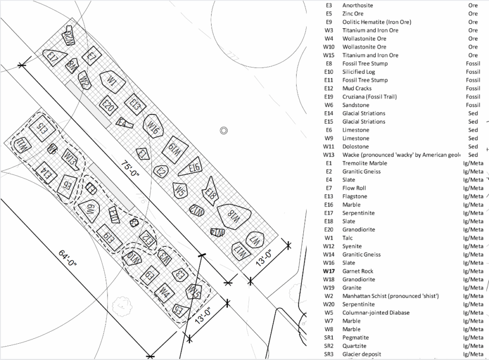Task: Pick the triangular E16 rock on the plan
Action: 192,167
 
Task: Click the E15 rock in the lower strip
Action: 41,127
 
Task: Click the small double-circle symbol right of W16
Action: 223,130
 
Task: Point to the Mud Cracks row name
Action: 357,88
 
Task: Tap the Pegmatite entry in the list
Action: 356,338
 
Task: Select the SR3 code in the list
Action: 328,354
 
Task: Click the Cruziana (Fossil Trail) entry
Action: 369,97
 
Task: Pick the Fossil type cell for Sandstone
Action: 473,105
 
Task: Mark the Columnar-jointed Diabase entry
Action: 376,313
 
